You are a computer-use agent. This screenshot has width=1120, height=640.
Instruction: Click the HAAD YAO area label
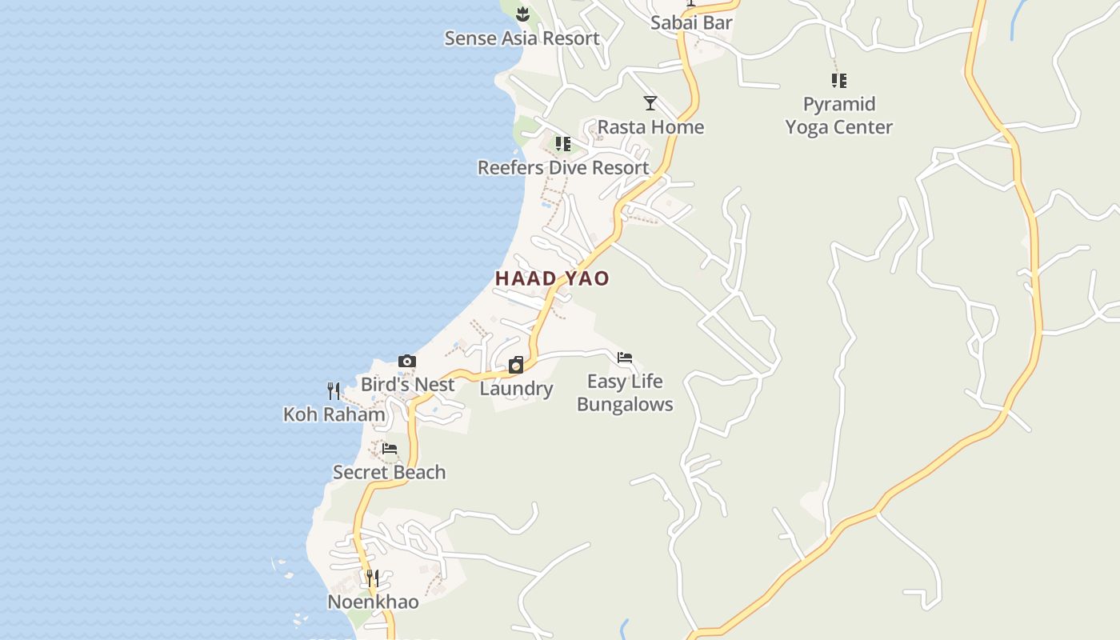click(552, 278)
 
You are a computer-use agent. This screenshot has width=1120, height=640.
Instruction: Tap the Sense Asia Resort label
click(522, 38)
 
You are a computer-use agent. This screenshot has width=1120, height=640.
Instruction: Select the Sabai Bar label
click(691, 22)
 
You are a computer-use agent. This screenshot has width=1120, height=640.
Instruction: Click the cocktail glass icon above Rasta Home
click(650, 103)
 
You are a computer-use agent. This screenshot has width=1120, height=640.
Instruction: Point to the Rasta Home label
click(650, 127)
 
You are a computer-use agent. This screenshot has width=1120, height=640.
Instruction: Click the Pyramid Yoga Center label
click(838, 115)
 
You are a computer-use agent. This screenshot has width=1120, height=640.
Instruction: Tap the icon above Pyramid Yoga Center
click(838, 80)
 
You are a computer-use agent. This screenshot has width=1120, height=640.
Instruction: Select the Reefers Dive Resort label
click(563, 168)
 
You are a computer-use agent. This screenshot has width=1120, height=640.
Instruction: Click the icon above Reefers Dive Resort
click(563, 144)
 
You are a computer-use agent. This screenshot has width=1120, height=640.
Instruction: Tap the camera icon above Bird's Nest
click(407, 362)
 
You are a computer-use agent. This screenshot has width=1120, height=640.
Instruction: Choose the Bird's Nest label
click(407, 385)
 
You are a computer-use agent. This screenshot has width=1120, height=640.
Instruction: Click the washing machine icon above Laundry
click(516, 366)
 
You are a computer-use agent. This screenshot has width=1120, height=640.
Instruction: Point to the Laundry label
click(516, 390)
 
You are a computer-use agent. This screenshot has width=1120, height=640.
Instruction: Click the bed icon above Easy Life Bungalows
click(625, 358)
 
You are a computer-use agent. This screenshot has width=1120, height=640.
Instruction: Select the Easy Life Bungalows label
click(625, 393)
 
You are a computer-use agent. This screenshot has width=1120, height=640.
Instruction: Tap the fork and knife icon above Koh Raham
click(334, 390)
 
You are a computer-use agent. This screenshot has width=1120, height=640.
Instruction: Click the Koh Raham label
click(334, 414)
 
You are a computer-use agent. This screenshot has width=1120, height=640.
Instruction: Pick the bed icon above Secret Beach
click(390, 448)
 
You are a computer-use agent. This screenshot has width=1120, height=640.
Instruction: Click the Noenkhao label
click(373, 602)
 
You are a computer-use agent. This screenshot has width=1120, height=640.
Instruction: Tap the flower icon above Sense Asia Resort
click(522, 14)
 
